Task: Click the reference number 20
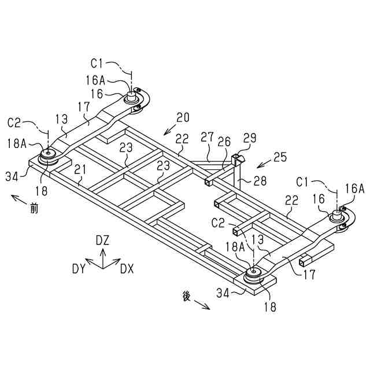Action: point(183,117)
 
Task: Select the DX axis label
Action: point(127,268)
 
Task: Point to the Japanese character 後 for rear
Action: point(186,295)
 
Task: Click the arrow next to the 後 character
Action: point(202,304)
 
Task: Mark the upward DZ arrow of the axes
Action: point(102,254)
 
